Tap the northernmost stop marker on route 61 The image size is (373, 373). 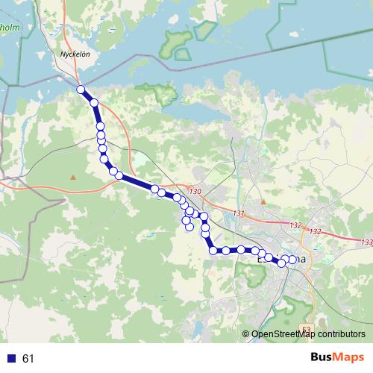pos(81,90)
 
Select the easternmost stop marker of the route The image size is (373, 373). pos(292,259)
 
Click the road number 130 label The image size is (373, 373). pos(195,192)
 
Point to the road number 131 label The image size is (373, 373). pos(239,214)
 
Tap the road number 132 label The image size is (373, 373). pos(295,225)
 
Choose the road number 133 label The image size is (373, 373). pos(366,242)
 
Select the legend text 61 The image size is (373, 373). pos(28,359)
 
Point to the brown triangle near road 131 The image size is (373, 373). pos(263,201)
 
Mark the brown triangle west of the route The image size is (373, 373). pos(73,177)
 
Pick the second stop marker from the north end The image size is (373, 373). pos(95,103)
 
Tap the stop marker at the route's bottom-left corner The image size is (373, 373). pos(214,250)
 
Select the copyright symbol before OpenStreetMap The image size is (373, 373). pos(246,334)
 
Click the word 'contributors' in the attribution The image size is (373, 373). pos(342,334)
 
